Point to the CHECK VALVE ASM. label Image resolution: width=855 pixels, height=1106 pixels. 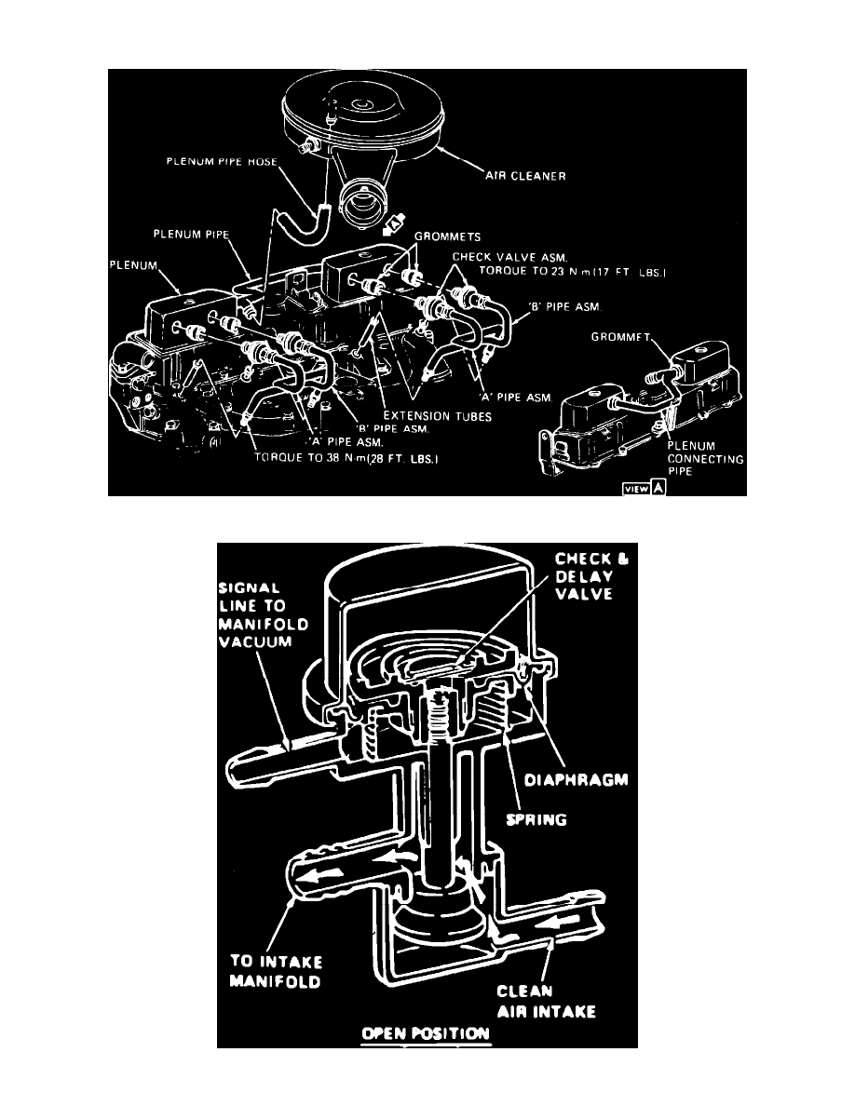click(497, 256)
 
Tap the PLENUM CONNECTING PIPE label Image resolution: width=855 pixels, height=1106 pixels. click(698, 458)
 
